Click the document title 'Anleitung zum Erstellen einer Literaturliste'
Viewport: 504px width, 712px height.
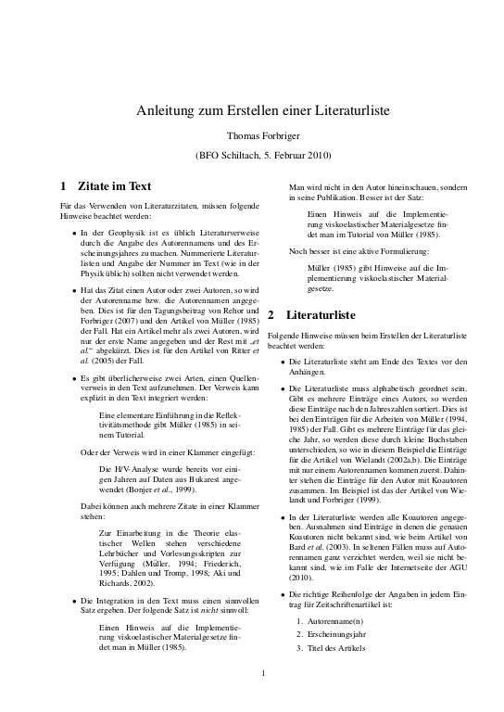[x=251, y=109]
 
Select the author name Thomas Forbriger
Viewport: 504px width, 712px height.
[x=251, y=135]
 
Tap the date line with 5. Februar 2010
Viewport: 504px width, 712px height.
[x=251, y=155]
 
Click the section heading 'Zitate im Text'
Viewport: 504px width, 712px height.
[x=114, y=185]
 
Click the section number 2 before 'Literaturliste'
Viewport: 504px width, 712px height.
[x=271, y=315]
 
